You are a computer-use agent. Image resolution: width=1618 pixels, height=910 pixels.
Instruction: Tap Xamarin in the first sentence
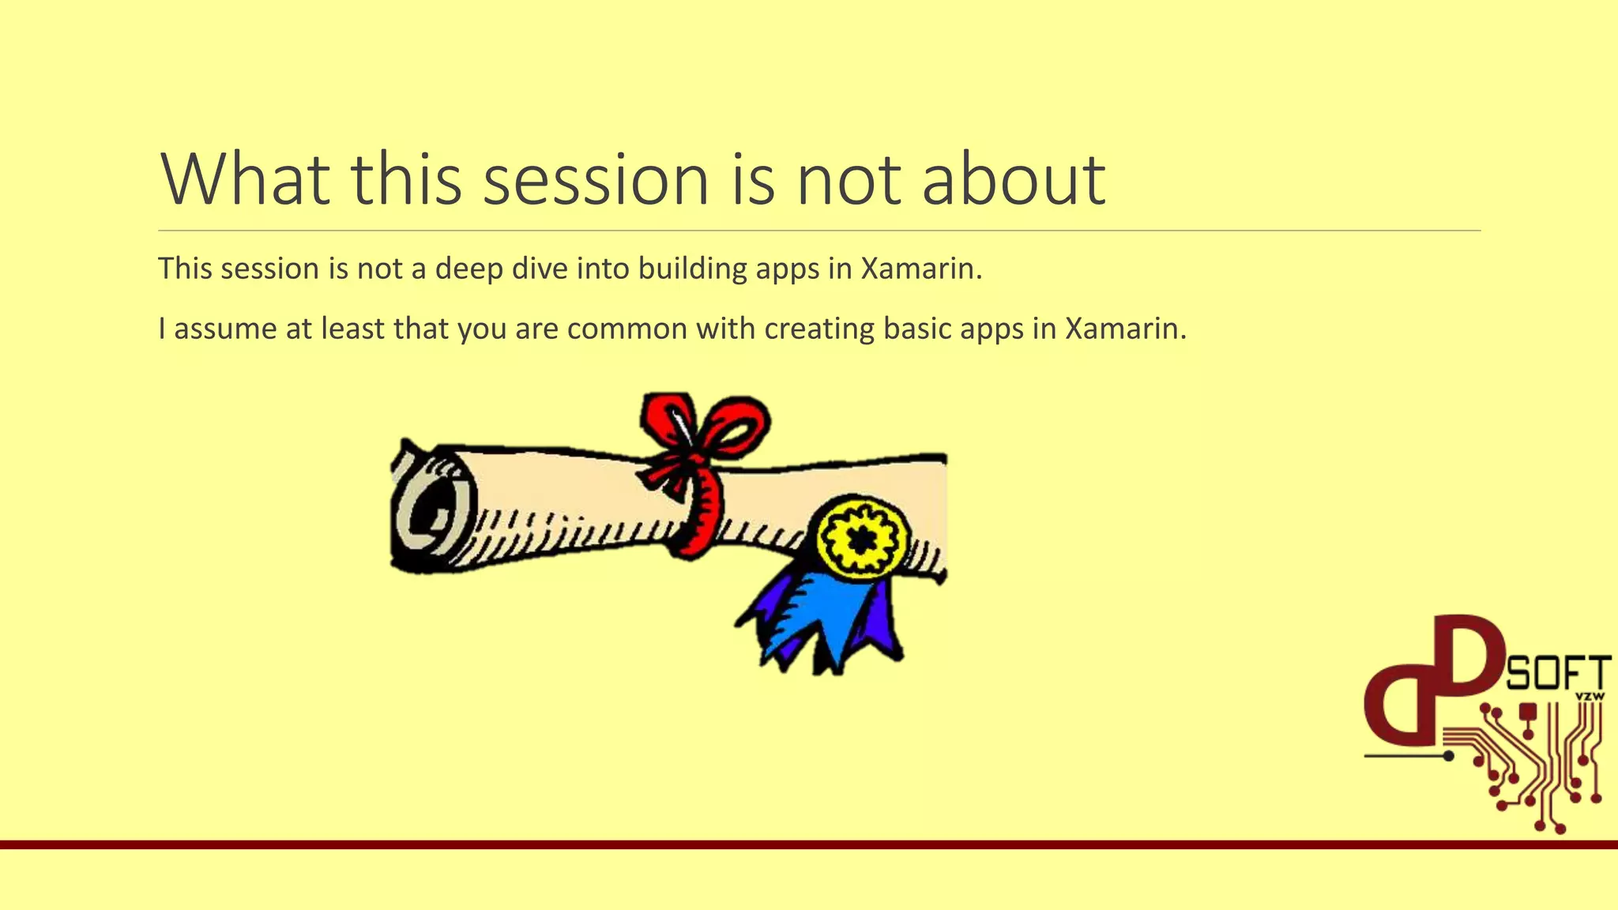click(x=920, y=269)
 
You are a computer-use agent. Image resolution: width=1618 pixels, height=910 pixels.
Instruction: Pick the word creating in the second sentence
click(x=819, y=328)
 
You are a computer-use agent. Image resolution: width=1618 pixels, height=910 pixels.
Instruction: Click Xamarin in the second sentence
click(x=1125, y=328)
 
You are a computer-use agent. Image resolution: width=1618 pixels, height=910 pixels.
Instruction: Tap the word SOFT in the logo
click(x=1558, y=675)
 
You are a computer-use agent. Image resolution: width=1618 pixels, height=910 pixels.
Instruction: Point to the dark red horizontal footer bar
click(x=790, y=844)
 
